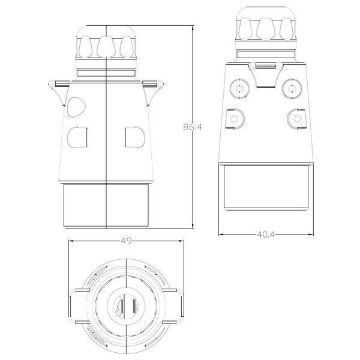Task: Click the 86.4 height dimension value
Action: click(193, 127)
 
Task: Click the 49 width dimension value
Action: click(126, 241)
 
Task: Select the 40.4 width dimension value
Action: click(266, 235)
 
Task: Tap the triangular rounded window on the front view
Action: click(76, 107)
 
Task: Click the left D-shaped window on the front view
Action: click(77, 137)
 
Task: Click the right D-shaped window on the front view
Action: click(135, 137)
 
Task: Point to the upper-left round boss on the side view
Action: click(239, 88)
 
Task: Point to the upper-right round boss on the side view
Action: click(292, 88)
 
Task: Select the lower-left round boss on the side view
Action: click(235, 119)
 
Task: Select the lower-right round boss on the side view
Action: click(297, 119)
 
